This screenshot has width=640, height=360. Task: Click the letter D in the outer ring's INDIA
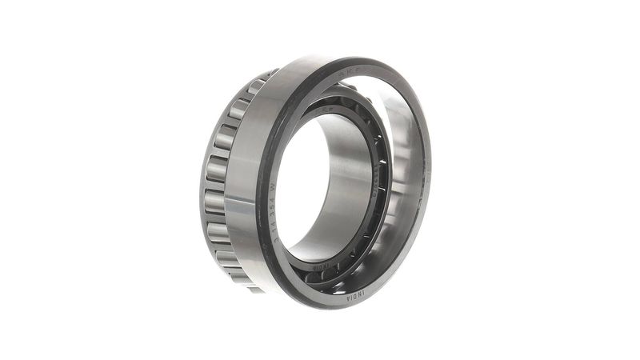point(355,296)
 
